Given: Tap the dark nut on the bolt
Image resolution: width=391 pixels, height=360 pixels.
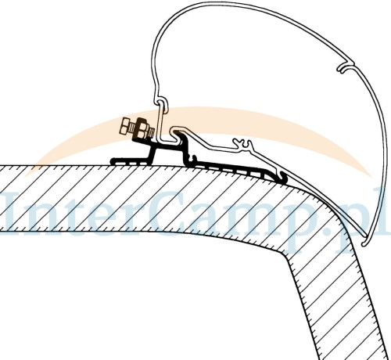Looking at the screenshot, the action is pyautogui.click(x=141, y=128).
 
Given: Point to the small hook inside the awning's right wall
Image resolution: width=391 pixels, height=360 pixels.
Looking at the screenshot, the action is pyautogui.click(x=345, y=67).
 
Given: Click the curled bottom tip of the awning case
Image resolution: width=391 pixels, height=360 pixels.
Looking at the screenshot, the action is pyautogui.click(x=365, y=242).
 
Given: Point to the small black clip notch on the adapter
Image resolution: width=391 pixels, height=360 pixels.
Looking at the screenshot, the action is pyautogui.click(x=193, y=158).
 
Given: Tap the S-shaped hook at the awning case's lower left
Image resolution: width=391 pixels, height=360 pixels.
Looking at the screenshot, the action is pyautogui.click(x=162, y=103).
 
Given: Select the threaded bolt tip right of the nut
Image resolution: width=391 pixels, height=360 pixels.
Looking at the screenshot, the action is pyautogui.click(x=151, y=130).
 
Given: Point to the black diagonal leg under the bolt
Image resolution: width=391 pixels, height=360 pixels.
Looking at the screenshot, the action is pyautogui.click(x=152, y=155).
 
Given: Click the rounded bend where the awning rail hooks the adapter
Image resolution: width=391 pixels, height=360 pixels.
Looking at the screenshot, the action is pyautogui.click(x=176, y=130).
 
